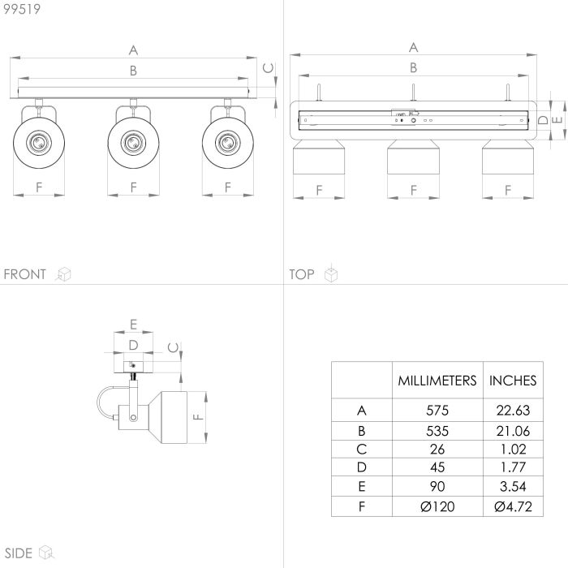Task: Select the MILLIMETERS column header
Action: pyautogui.click(x=436, y=380)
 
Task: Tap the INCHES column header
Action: pyautogui.click(x=513, y=380)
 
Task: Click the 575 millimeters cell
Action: pyautogui.click(x=436, y=411)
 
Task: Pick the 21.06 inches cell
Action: pyautogui.click(x=513, y=430)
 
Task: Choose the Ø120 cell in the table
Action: pyautogui.click(x=436, y=506)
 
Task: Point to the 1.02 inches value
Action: pyautogui.click(x=513, y=449)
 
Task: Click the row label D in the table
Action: pyautogui.click(x=362, y=468)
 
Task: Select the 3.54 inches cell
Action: pyautogui.click(x=513, y=487)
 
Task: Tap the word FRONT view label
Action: pyautogui.click(x=25, y=274)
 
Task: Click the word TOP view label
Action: pyautogui.click(x=302, y=274)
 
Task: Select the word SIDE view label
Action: pyautogui.click(x=17, y=553)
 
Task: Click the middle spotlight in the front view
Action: pyautogui.click(x=132, y=142)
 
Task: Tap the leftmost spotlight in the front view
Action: pyautogui.click(x=38, y=142)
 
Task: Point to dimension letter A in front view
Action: pyautogui.click(x=133, y=49)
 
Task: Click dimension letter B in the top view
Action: pyautogui.click(x=413, y=68)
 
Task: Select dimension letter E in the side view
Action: pyautogui.click(x=132, y=324)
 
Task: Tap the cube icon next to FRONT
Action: pyautogui.click(x=63, y=274)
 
